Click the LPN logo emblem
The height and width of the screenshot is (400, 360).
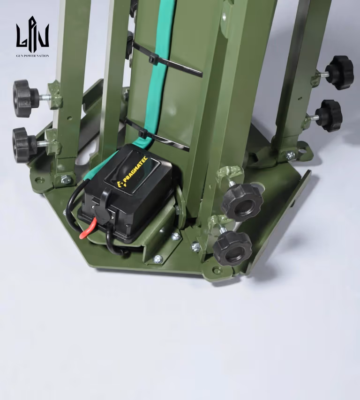tap(32, 32)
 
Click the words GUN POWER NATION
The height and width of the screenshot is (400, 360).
tap(32, 56)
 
